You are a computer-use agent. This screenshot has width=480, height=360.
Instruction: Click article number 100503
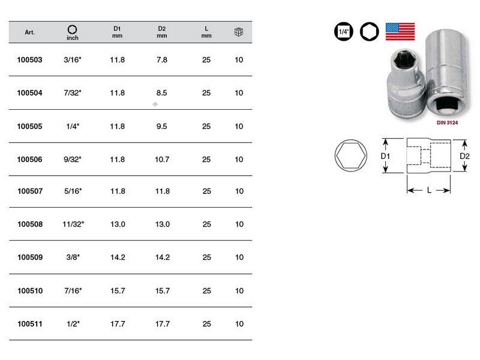[x=29, y=59]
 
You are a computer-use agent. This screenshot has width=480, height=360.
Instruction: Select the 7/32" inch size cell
[x=73, y=93]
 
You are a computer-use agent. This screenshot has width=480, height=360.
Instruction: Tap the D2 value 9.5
[x=161, y=126]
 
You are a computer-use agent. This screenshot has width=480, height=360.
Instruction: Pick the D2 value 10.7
[x=162, y=159]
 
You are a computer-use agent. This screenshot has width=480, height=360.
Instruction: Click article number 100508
[x=30, y=224]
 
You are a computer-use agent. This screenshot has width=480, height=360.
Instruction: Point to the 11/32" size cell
[x=73, y=224]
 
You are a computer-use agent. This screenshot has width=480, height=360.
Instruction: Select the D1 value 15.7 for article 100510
[x=118, y=290]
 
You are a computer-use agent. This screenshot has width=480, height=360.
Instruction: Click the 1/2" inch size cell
[x=73, y=323]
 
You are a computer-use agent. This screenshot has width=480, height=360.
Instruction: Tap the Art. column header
[x=29, y=32]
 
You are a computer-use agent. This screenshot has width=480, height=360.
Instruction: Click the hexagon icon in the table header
[x=72, y=29]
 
